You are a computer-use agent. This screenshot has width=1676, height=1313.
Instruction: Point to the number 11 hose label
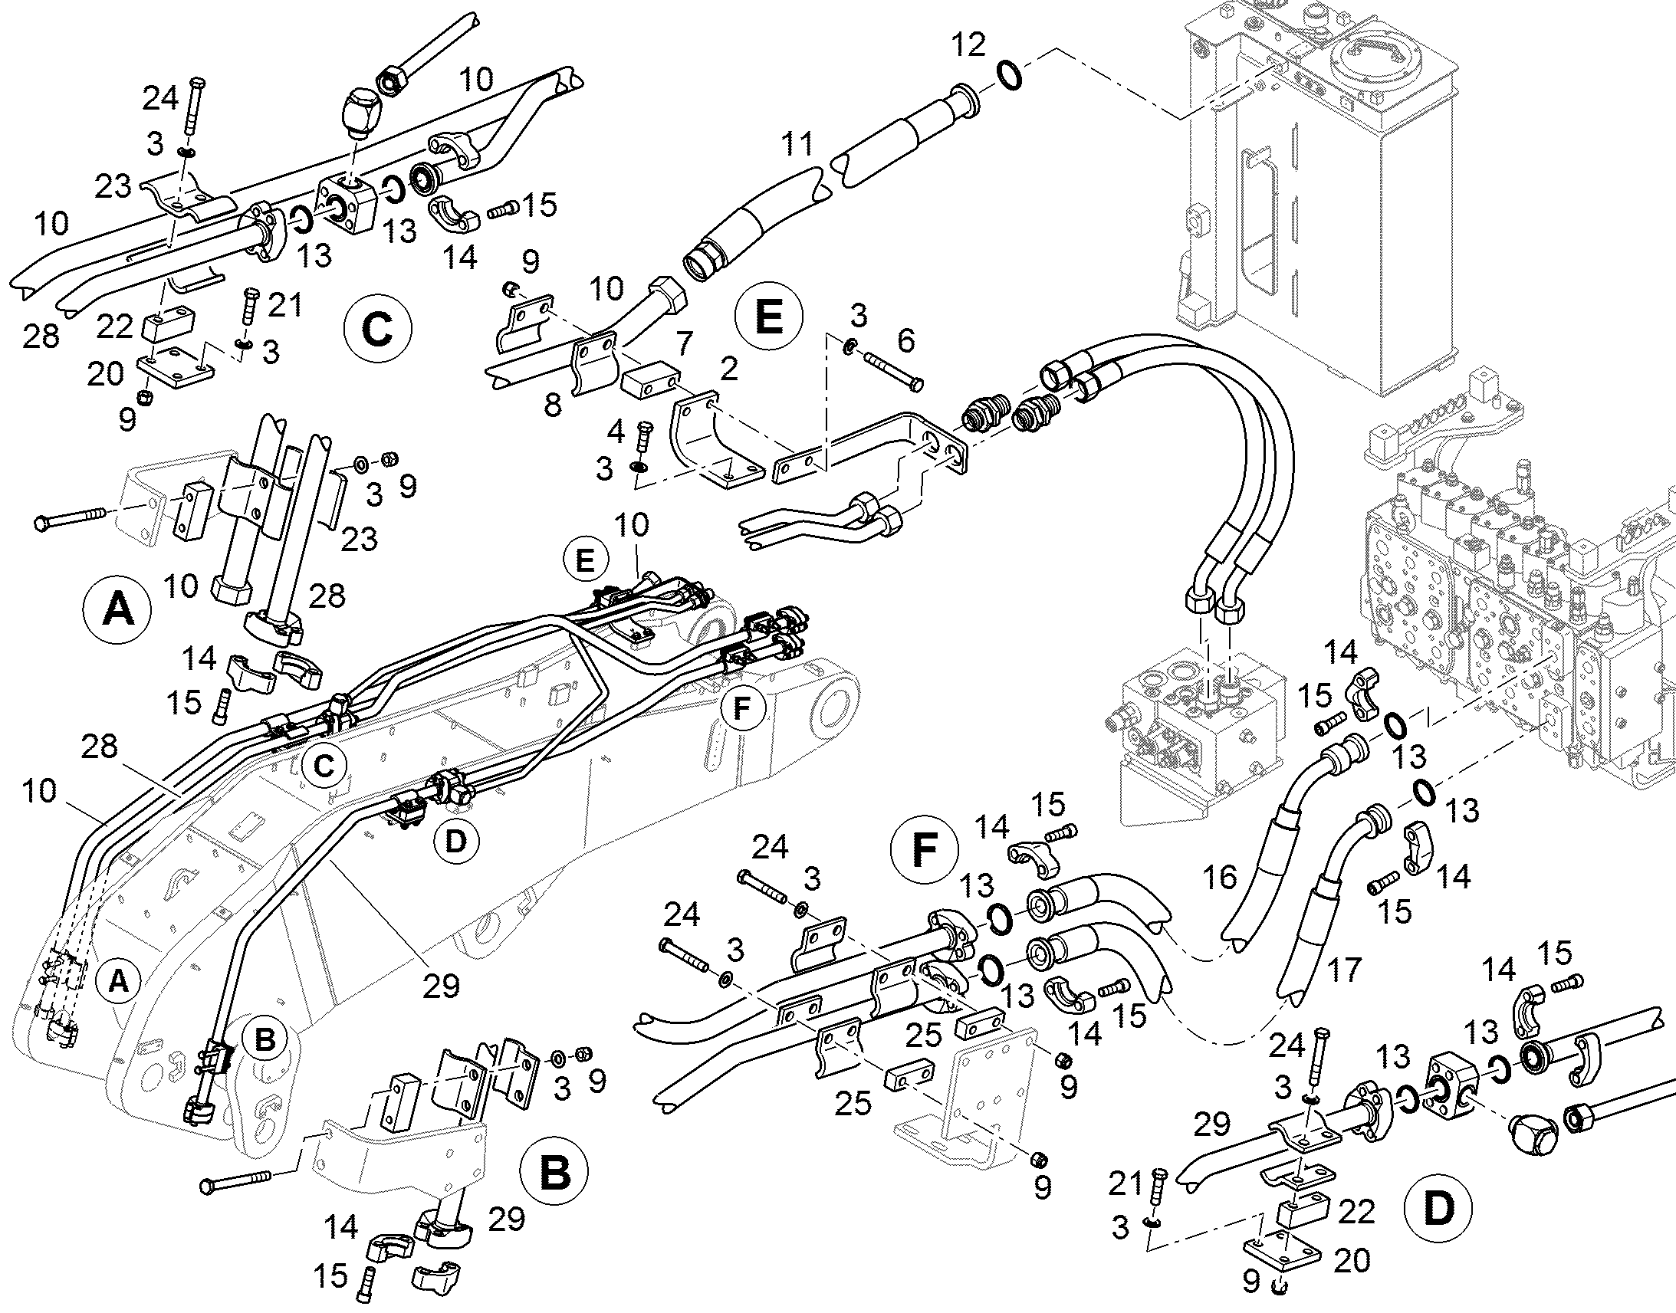[797, 144]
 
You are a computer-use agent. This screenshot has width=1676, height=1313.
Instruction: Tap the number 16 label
[1219, 877]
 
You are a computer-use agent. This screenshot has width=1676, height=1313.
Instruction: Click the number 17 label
[1343, 970]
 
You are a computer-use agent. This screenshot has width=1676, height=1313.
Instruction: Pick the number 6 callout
[906, 340]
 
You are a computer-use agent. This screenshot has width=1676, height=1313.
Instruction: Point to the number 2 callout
[728, 369]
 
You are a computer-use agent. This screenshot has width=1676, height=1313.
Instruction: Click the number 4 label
[616, 432]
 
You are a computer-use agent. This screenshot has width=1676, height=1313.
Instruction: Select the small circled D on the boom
[456, 841]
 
